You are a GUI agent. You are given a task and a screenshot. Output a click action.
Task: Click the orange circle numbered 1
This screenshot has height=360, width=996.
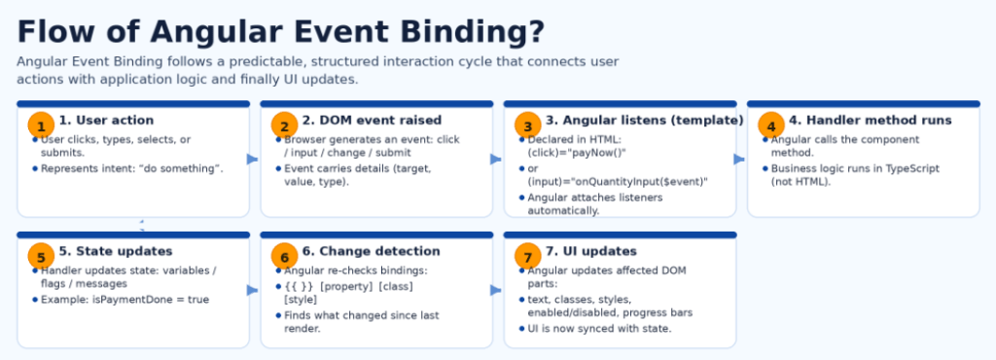(40, 126)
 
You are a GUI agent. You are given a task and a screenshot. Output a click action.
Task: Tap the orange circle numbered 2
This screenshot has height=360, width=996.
(284, 126)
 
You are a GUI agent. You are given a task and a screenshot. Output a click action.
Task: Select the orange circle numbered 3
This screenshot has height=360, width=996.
(527, 126)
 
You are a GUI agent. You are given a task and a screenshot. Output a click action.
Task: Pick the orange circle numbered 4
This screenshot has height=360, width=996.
(770, 126)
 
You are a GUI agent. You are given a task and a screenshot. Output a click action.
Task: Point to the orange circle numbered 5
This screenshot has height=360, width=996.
(40, 257)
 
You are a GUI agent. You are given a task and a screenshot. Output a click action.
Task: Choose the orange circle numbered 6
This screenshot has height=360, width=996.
(284, 257)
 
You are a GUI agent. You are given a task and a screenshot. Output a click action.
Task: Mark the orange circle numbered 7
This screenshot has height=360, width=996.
(527, 257)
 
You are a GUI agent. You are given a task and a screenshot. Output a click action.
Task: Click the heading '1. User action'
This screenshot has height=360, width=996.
(106, 121)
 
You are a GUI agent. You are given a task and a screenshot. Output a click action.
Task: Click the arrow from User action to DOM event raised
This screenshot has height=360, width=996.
(254, 159)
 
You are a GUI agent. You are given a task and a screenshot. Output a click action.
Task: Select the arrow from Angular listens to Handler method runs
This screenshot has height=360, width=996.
(740, 159)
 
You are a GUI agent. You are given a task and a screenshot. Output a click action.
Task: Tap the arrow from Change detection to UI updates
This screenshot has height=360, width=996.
(497, 290)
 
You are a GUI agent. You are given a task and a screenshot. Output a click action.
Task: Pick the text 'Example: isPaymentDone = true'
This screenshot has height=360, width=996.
(124, 300)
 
